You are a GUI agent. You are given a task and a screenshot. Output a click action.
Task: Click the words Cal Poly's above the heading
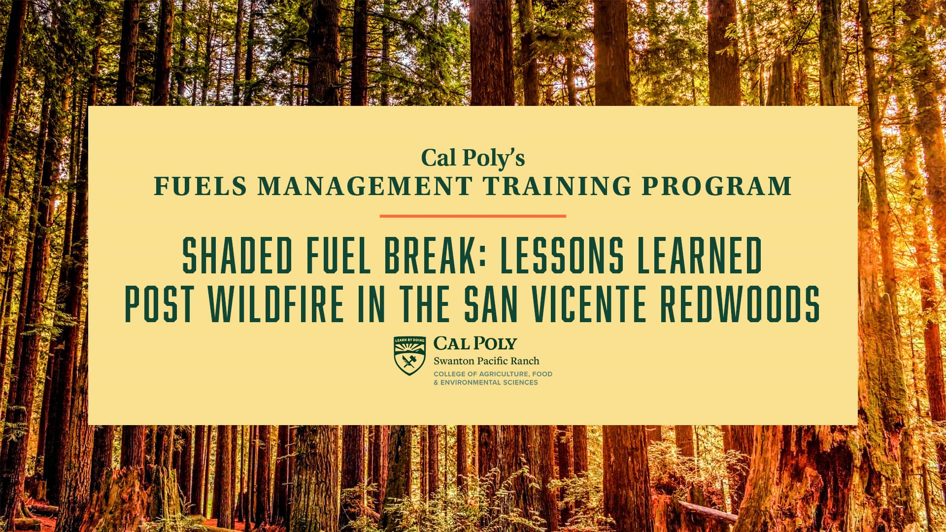click(x=473, y=158)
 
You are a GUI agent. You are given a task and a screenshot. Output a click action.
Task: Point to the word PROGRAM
click(x=716, y=187)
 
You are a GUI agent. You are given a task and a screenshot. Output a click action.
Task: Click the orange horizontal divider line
click(x=473, y=216)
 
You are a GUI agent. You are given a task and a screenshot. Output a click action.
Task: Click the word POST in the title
click(x=159, y=304)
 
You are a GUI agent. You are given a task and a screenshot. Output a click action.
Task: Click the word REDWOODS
click(x=740, y=304)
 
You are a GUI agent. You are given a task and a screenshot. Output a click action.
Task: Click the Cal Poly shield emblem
click(x=409, y=355)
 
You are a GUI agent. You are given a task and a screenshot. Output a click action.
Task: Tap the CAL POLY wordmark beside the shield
click(x=475, y=343)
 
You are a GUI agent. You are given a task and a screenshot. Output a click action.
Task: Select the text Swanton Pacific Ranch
click(x=486, y=361)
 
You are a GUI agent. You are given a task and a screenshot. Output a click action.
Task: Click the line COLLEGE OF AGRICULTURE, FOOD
click(x=493, y=374)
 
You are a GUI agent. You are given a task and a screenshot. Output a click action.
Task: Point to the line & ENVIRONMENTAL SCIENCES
click(x=485, y=383)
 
